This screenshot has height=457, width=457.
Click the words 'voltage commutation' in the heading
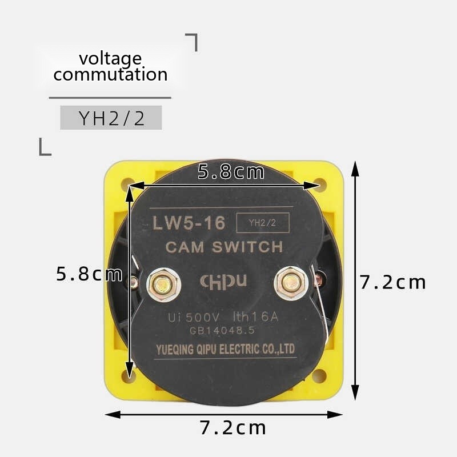(x=110, y=66)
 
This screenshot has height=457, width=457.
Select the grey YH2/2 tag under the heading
(x=111, y=118)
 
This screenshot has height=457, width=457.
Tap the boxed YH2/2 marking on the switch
(x=262, y=223)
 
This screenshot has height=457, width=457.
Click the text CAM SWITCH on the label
(x=224, y=247)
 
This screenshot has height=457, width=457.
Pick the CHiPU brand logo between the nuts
(x=223, y=280)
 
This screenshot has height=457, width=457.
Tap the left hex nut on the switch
(x=163, y=284)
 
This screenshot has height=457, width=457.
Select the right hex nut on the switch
(x=291, y=282)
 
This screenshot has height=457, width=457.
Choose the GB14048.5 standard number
(x=223, y=331)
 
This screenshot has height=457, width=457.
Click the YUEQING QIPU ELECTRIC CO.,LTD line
(x=225, y=349)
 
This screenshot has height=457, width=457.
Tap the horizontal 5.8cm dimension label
(x=231, y=171)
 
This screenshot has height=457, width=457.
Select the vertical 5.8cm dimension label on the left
(x=89, y=274)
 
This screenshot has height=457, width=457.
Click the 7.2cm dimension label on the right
(x=393, y=282)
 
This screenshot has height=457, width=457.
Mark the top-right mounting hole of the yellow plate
(x=320, y=185)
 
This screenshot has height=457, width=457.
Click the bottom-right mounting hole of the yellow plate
(x=319, y=375)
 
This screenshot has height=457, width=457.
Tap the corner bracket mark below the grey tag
(x=45, y=147)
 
